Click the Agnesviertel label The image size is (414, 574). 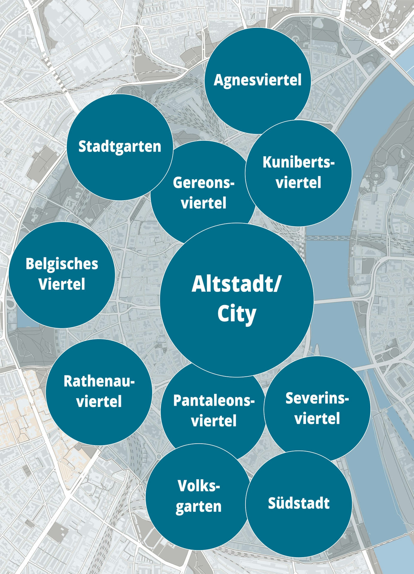coord(258,80)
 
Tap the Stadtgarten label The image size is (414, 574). coord(120,147)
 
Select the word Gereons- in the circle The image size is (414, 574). coord(203,183)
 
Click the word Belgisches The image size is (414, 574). coord(62,264)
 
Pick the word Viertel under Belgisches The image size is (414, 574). coord(62,284)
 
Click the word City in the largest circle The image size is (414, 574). coord(237,314)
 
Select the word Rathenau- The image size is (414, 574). coord(99,381)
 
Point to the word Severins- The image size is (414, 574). coord(317,398)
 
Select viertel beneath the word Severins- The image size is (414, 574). coord(317,418)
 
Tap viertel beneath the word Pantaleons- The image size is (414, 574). coord(214,421)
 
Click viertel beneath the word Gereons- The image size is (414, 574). coord(203,203)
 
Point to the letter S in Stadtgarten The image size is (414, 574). coord(82,146)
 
